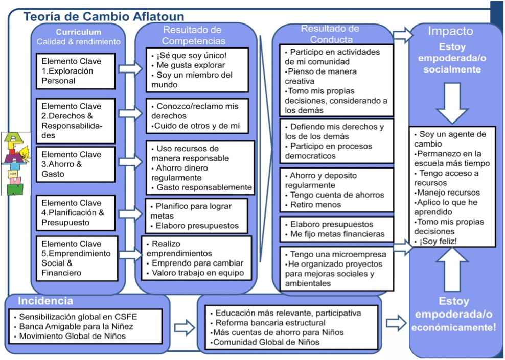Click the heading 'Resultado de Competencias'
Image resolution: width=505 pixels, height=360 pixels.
pyautogui.click(x=192, y=35)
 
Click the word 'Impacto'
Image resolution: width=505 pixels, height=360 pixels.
pyautogui.click(x=450, y=31)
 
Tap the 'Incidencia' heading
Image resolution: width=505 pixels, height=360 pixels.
pyautogui.click(x=45, y=301)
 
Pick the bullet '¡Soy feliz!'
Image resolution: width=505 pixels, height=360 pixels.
pyautogui.click(x=439, y=241)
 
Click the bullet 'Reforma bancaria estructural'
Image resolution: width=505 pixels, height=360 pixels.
pyautogui.click(x=270, y=323)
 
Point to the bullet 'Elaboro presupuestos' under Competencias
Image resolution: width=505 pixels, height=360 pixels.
pyautogui.click(x=197, y=225)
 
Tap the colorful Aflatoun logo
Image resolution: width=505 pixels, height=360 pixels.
pyautogui.click(x=15, y=163)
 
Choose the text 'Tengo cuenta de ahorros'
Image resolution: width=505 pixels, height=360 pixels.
pyautogui.click(x=337, y=195)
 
